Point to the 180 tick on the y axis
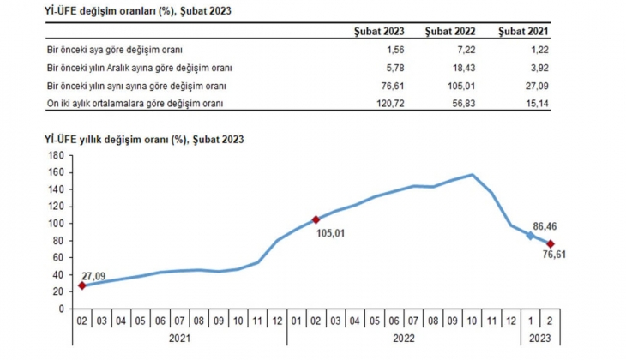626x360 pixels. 57,155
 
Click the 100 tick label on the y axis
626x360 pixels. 57,223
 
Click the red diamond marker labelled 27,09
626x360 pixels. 81,285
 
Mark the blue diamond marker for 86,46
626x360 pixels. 530,235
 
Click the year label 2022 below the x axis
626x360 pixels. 405,339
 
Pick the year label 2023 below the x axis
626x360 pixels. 539,339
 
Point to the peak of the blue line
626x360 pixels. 472,175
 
